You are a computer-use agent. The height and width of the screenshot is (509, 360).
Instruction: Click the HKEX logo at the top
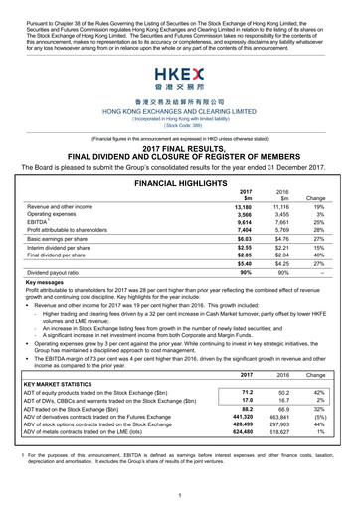[180, 79]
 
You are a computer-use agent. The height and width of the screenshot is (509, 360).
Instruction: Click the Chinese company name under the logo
[180, 100]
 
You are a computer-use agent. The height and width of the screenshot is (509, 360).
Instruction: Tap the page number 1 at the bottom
[180, 494]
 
